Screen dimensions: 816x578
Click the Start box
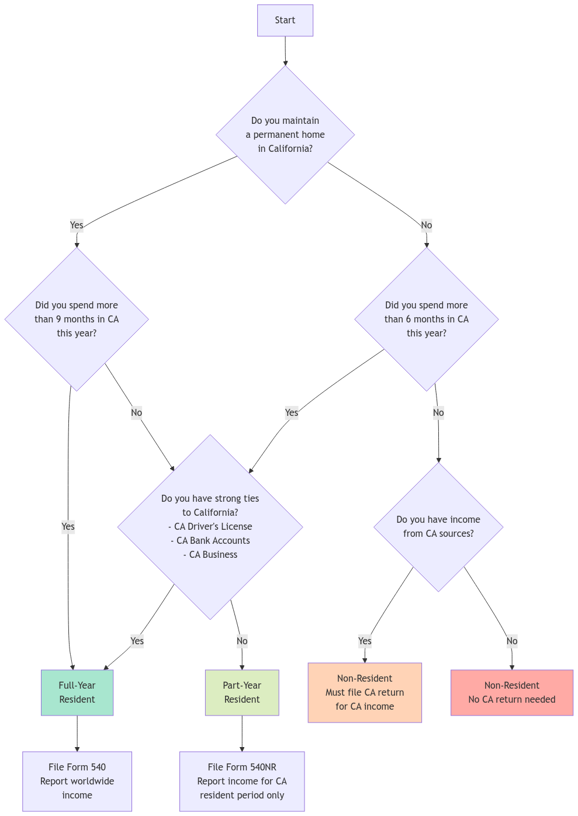pos(285,20)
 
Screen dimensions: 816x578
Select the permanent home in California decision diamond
pos(285,135)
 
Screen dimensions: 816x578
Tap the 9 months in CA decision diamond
pos(77,320)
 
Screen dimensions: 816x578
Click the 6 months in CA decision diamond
pos(427,320)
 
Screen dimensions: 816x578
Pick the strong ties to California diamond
pos(210,526)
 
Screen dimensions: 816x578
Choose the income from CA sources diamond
pos(438,527)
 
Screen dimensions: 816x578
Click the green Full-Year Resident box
pos(77,693)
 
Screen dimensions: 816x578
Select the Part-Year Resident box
pos(242,693)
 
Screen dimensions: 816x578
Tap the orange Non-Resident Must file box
pos(365,693)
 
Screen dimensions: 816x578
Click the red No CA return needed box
pos(512,693)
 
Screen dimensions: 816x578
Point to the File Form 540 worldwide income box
pos(77,782)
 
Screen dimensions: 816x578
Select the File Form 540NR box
pos(242,782)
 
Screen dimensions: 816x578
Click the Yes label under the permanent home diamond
pos(77,225)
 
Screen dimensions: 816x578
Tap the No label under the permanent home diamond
pos(427,225)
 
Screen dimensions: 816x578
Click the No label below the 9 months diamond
pos(137,412)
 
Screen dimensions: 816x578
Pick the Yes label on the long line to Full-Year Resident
pos(68,527)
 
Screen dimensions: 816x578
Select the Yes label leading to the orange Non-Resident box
pos(365,641)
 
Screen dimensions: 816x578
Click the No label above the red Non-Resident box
pos(512,641)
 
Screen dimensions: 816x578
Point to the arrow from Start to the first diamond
pos(285,51)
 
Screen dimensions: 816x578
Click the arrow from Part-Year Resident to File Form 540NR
pos(242,734)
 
